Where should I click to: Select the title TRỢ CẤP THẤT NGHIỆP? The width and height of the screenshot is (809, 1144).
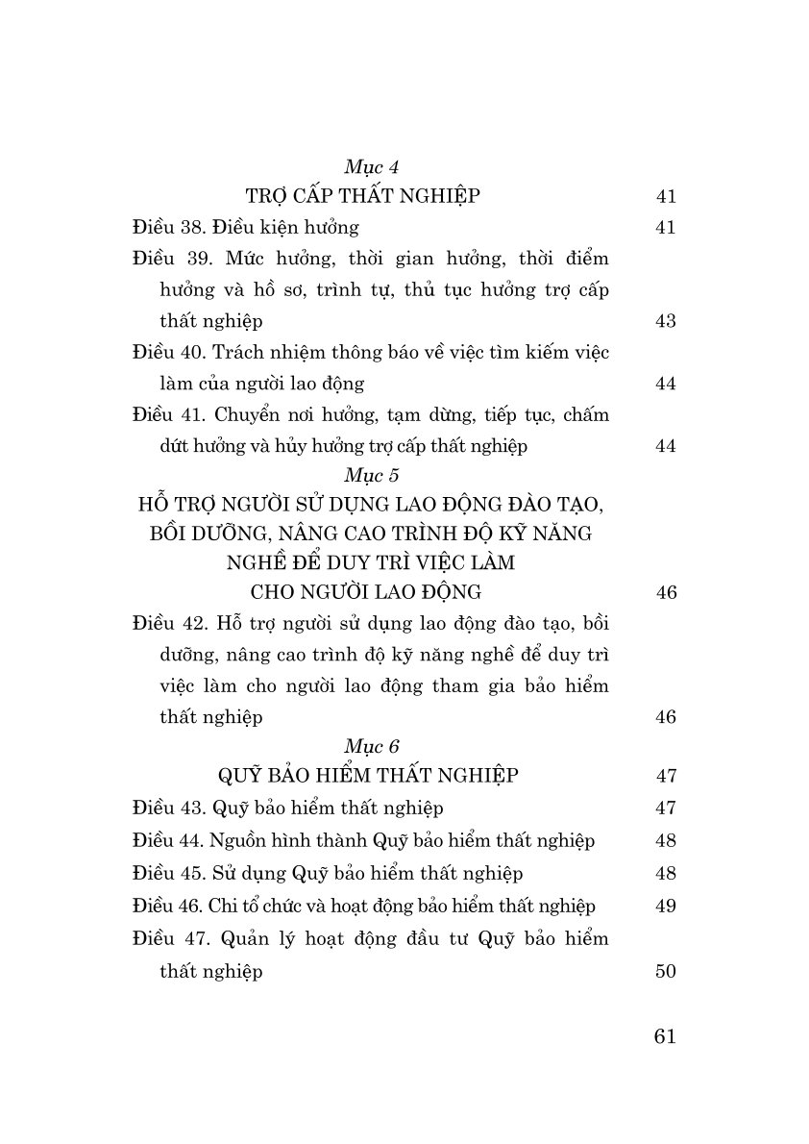(363, 197)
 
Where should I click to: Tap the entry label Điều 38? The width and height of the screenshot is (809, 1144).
(164, 228)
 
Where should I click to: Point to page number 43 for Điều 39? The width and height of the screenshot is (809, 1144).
(666, 321)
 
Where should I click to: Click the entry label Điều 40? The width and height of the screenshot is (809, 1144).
(164, 352)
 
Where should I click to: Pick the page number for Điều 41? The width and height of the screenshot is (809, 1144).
(666, 446)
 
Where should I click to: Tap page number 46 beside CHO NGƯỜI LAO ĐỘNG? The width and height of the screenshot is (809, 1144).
(666, 592)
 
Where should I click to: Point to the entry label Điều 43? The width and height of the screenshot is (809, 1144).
(164, 808)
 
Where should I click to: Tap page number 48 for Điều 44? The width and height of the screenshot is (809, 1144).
(666, 841)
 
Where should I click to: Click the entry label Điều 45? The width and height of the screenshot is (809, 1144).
(164, 874)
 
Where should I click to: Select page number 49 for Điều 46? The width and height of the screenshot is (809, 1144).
(666, 907)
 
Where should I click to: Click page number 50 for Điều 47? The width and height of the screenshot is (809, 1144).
(666, 972)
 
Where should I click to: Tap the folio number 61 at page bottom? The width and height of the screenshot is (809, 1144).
(665, 1036)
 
